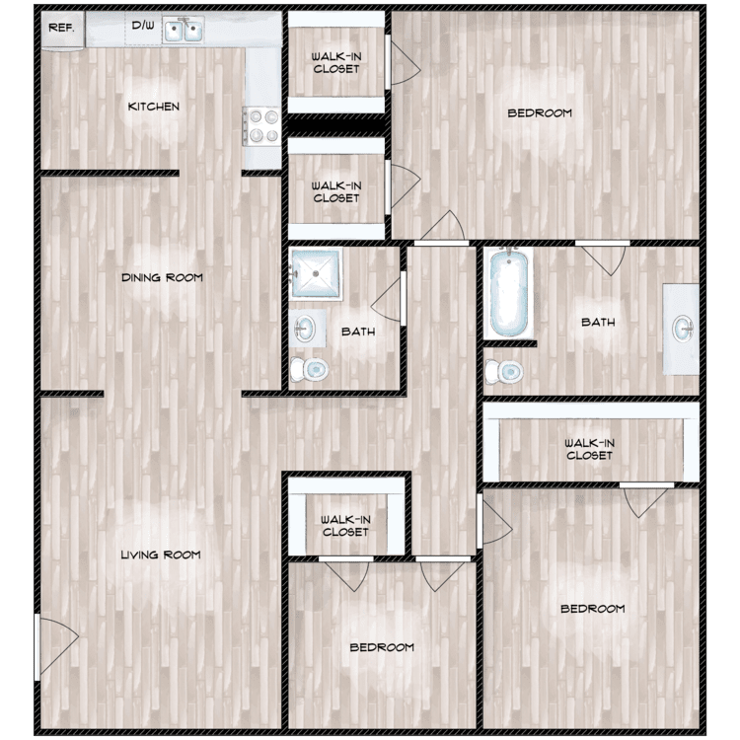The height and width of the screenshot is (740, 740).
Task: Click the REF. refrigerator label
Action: pyautogui.click(x=61, y=28)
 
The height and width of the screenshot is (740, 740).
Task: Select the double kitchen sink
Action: pyautogui.click(x=182, y=32)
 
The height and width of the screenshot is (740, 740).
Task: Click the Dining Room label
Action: pyautogui.click(x=162, y=278)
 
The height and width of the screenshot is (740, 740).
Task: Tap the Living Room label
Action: pyautogui.click(x=160, y=555)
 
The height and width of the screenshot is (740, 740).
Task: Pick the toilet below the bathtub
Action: pyautogui.click(x=509, y=371)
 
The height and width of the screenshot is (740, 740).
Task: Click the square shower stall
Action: pyautogui.click(x=315, y=274)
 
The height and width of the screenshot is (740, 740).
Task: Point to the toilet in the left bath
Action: pyautogui.click(x=313, y=370)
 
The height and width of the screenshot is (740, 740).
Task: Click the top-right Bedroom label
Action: pyautogui.click(x=540, y=113)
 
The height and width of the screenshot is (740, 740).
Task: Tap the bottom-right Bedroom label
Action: pyautogui.click(x=592, y=609)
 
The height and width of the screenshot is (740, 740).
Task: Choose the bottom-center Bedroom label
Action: pyautogui.click(x=382, y=647)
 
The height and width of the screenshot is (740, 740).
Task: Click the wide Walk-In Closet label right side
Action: pyautogui.click(x=589, y=449)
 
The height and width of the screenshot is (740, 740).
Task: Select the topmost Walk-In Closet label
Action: pyautogui.click(x=335, y=62)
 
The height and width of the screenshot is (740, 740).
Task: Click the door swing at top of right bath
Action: pyautogui.click(x=603, y=259)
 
